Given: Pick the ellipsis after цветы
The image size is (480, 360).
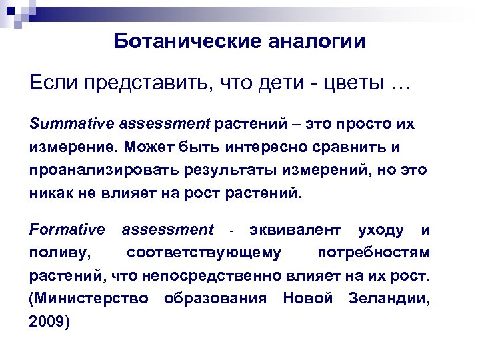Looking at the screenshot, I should pyautogui.click(x=399, y=85).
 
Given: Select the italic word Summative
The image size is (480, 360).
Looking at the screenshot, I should pyautogui.click(x=70, y=123).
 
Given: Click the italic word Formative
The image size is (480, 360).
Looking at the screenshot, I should pyautogui.click(x=67, y=230).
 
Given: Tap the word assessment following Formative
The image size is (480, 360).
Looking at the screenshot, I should pyautogui.click(x=167, y=230).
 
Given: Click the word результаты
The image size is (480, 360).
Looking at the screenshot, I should pyautogui.click(x=227, y=169).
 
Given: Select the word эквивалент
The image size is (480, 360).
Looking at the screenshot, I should pyautogui.click(x=295, y=230).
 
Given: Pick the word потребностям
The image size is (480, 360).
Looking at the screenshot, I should pyautogui.click(x=373, y=253).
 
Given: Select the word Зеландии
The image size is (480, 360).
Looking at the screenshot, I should pyautogui.click(x=389, y=298).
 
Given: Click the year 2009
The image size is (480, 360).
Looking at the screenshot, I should pyautogui.click(x=49, y=321).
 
